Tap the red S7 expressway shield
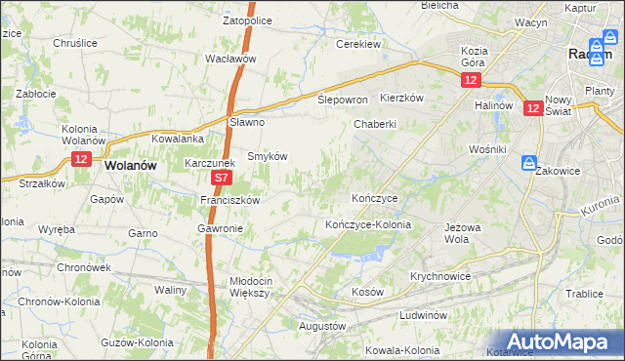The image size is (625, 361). (x=222, y=179)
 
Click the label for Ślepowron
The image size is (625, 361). (x=343, y=100)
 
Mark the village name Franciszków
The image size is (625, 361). (x=229, y=200)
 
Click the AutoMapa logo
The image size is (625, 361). (x=555, y=341)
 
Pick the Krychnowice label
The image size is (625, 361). (x=441, y=276)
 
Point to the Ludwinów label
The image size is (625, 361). (x=423, y=316)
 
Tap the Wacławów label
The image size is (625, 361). (x=230, y=59)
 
